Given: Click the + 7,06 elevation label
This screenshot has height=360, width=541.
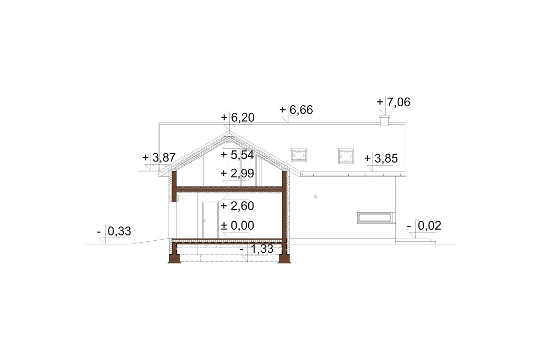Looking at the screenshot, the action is [393, 102].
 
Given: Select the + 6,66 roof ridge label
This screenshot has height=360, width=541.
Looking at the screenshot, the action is [296, 110].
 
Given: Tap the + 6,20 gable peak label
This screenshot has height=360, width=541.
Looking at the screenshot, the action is [238, 118].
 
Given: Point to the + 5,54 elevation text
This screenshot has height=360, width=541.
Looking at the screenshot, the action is [237, 155].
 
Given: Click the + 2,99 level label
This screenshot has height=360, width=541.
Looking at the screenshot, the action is [237, 173].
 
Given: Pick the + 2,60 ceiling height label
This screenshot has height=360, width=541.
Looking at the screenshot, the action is [237, 206].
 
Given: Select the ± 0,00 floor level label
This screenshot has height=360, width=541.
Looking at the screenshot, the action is [237, 225].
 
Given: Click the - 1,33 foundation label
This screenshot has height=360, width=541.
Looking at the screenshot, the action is [256, 249].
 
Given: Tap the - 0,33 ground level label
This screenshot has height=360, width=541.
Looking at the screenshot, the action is [114, 231].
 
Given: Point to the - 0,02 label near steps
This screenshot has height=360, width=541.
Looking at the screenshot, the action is [424, 225].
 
